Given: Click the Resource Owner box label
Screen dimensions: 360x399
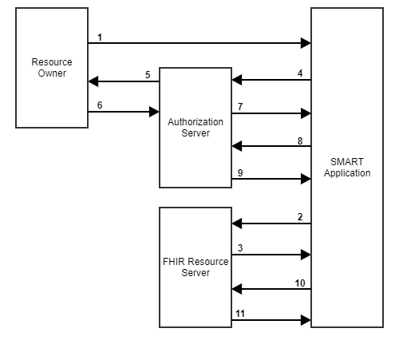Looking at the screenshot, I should click(52, 68).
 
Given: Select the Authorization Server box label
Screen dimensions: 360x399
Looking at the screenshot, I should click(196, 127).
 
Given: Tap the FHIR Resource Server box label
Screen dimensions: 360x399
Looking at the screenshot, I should click(196, 267).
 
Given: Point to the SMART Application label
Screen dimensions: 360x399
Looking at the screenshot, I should click(347, 168).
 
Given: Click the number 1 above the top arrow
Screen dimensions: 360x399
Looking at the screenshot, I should click(100, 38).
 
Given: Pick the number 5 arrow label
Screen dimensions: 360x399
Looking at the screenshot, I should click(148, 75).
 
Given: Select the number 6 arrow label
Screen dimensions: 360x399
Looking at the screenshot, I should click(100, 105).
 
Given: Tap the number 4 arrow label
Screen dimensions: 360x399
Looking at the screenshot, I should click(299, 74).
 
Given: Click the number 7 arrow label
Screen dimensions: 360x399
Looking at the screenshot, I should click(240, 106).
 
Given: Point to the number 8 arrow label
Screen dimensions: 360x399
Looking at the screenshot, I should click(299, 140).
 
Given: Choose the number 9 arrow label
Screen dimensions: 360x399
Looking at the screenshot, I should click(240, 172).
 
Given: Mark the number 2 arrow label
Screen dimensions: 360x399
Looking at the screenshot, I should click(299, 217).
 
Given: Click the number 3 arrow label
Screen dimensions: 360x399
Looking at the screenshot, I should click(240, 248).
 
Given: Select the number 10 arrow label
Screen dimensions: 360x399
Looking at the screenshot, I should click(299, 283).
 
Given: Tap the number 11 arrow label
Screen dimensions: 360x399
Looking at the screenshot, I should click(240, 315).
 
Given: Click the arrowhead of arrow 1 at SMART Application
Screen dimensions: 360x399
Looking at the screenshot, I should click(306, 43).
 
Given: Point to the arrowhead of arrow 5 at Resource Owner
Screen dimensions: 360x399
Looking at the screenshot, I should click(93, 81).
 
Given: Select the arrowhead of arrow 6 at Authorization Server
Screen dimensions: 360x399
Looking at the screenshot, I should click(155, 112).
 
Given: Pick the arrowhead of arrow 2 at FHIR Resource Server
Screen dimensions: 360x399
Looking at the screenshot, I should click(236, 224).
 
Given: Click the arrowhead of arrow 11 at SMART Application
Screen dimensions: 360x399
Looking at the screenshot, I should click(306, 320).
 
